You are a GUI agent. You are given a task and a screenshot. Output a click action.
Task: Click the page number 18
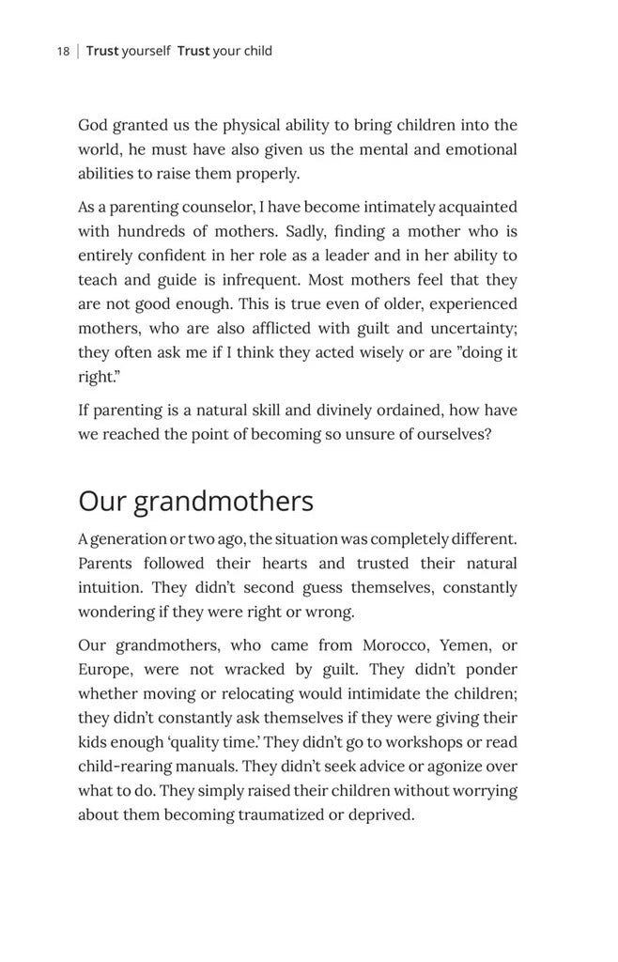click(62, 51)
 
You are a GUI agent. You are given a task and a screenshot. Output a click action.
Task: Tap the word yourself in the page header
click(146, 51)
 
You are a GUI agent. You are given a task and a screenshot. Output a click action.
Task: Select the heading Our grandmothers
click(195, 501)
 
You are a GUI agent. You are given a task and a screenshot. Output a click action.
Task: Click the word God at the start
click(93, 125)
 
